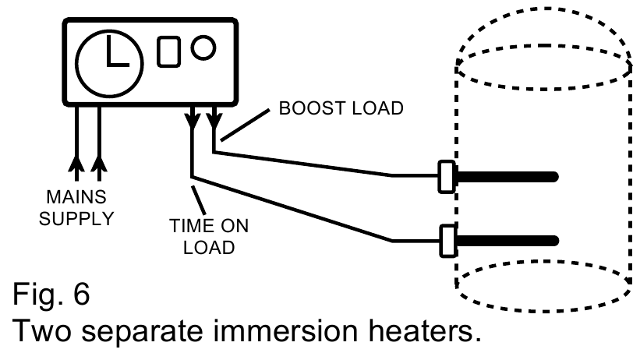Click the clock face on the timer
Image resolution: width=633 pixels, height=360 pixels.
109,63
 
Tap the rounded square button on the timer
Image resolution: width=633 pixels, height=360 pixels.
168,51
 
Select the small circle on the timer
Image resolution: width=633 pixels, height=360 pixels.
203,48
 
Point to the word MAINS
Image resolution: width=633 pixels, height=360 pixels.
76,197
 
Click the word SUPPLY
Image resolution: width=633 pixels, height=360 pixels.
76,219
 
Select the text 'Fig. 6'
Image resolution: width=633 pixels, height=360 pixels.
51,294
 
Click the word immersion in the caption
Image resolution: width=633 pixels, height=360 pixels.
285,330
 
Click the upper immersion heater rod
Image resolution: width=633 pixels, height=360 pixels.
507,177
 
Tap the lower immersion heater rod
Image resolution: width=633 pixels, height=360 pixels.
507,241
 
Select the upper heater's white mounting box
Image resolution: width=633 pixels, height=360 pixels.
447,177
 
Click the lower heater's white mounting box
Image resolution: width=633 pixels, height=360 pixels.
447,241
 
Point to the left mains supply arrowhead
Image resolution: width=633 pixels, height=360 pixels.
76,163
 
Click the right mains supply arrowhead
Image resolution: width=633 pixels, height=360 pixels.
99,163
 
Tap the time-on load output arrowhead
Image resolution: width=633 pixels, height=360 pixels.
193,121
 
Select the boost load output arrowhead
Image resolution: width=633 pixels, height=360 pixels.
214,121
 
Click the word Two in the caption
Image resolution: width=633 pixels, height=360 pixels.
42,330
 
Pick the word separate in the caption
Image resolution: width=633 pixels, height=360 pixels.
142,331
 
